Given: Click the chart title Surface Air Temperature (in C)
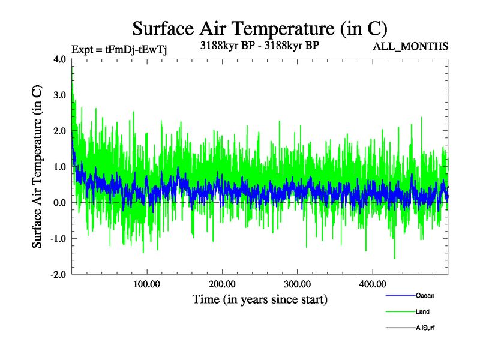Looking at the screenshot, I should (260, 28).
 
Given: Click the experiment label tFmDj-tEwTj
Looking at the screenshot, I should (119, 49).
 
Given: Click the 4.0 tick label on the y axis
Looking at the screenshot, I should (59, 59).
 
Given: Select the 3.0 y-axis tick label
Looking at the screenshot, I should (59, 95).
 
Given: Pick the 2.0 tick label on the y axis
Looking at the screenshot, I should (59, 131).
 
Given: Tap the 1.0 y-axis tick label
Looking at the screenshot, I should (59, 167).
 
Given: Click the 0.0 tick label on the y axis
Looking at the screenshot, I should (59, 203).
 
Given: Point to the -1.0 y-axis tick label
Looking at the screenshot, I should (58, 239).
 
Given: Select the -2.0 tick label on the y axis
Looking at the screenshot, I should (58, 274).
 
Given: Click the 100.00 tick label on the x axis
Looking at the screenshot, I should (147, 283).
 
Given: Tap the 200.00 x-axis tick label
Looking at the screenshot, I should (222, 283).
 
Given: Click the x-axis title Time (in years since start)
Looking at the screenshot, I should (260, 299).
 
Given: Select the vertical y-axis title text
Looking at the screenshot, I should (37, 167).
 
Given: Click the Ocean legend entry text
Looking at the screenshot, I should (425, 296).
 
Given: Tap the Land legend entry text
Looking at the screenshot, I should (422, 312).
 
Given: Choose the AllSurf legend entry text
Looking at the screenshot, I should (425, 328).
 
